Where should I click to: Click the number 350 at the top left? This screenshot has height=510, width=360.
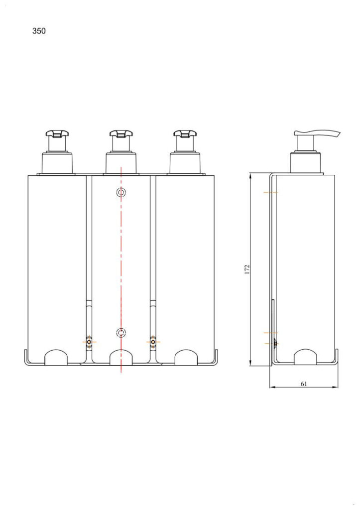39,31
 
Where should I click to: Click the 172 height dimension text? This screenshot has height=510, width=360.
247,269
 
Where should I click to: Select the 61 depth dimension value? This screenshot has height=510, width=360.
303,383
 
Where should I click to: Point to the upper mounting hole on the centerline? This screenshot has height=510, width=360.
120,192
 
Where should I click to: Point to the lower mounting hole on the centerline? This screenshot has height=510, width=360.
120,332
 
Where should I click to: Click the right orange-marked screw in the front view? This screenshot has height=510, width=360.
153,342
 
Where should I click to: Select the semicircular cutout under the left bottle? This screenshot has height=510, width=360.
57,357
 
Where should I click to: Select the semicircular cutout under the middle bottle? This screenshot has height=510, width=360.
120,357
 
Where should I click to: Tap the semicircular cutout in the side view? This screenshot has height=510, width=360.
305,357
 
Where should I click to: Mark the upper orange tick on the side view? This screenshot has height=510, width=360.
271,192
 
